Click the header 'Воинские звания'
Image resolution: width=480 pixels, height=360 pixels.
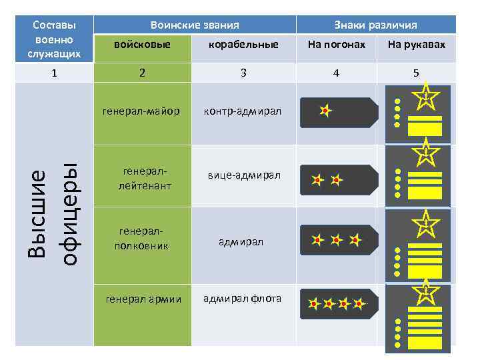click(195, 25)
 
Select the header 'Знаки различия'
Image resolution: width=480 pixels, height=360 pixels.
click(375, 25)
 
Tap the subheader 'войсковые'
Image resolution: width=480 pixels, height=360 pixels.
click(142, 45)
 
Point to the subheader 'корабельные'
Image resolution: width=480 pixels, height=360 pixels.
click(243, 45)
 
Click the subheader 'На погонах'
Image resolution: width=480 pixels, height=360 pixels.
click(336, 45)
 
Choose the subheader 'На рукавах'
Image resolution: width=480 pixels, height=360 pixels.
click(416, 45)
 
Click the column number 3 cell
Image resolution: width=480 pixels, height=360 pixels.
click(243, 73)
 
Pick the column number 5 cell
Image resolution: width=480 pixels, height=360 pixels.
click(416, 73)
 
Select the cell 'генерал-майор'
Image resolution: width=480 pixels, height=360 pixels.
click(141, 111)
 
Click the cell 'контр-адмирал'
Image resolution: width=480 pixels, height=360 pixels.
click(243, 111)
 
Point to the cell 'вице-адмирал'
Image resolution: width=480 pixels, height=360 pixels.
click(243, 175)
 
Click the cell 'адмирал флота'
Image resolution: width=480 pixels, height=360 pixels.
click(243, 298)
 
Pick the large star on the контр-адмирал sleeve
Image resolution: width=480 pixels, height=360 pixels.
click(425, 97)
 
